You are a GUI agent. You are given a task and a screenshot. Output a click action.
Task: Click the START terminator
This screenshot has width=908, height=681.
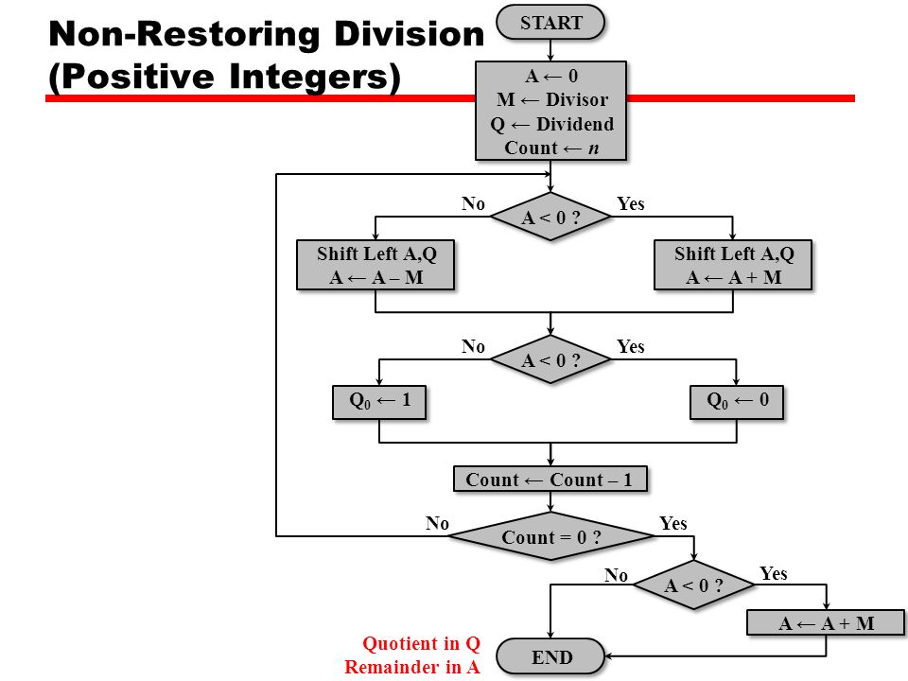(x=550, y=23)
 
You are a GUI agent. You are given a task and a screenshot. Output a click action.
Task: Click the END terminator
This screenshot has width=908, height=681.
(x=550, y=656)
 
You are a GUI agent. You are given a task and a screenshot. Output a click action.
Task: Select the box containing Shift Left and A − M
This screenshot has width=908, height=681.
(x=375, y=265)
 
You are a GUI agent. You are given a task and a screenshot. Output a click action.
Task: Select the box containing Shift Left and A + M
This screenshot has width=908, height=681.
(x=733, y=265)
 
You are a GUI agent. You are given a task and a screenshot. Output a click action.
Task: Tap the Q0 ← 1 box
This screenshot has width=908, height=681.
(x=379, y=403)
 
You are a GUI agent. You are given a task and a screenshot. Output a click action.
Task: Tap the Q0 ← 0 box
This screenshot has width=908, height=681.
(x=737, y=403)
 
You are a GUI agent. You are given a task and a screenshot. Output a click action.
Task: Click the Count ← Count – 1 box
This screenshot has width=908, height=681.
(x=550, y=480)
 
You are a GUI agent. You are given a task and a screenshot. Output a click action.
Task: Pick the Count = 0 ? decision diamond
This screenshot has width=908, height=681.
(x=550, y=536)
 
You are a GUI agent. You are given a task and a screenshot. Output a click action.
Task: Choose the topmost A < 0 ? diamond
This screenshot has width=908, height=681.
(x=550, y=217)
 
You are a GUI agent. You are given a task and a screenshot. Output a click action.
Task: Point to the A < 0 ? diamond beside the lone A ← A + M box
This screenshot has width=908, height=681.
(x=693, y=585)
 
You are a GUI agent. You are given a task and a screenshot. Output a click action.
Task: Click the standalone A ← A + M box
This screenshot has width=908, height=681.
(x=826, y=623)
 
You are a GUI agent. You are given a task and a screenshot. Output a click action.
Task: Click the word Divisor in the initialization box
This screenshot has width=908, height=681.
(x=577, y=99)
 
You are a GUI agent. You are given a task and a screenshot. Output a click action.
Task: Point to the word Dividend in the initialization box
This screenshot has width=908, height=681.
(x=575, y=124)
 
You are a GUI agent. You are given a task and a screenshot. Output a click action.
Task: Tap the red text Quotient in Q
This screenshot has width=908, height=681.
(x=422, y=643)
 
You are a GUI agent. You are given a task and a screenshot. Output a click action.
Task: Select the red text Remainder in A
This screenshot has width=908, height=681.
(x=412, y=667)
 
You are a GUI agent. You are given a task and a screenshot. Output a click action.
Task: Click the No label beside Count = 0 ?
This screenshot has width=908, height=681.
(x=437, y=523)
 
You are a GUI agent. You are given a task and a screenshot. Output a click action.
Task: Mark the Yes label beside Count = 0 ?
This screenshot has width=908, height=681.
(x=672, y=523)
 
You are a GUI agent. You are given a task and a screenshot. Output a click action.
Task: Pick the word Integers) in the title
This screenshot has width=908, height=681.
(x=314, y=77)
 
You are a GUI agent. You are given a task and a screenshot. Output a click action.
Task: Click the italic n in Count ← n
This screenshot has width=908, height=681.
(x=594, y=148)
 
